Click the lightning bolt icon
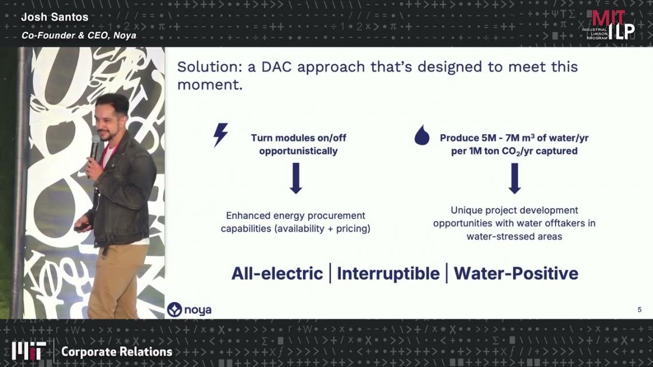coord(221,135)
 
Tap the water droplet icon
coord(422,135)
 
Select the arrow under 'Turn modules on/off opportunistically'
coord(296,178)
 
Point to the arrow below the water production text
coord(515,178)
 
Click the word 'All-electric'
coord(277,274)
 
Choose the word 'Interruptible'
coord(388,274)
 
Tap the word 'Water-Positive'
coord(516,274)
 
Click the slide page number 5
coord(639,310)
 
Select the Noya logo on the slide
coord(189,310)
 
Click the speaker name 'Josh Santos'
coord(54,17)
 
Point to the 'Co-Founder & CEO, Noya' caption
coord(78,36)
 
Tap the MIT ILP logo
coord(608,25)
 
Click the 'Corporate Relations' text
coord(117,352)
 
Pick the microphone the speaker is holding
coord(95,147)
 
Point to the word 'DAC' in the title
coord(276,67)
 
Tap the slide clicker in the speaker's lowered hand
coord(81,227)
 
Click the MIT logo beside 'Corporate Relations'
coord(29,351)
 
